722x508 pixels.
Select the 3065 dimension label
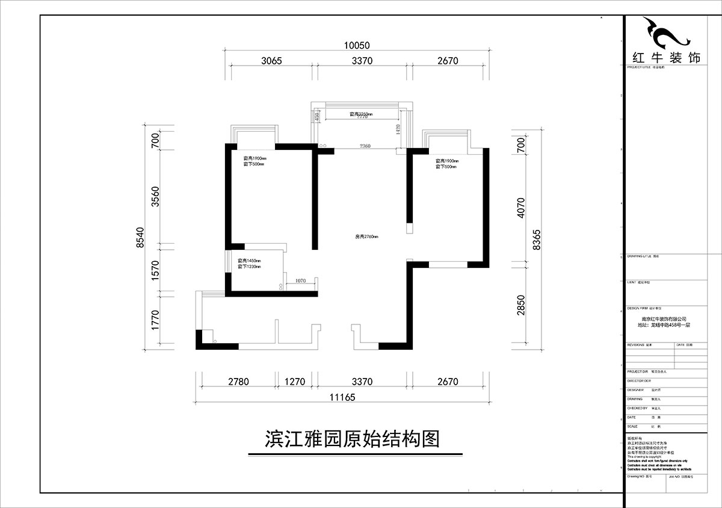tap(272, 61)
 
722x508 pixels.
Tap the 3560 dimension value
tap(155, 197)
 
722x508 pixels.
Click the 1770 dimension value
tap(155, 320)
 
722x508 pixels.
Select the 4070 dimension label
tap(521, 208)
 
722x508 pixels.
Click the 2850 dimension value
tap(521, 305)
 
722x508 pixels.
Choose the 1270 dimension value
tap(295, 382)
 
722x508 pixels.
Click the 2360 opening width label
tap(365, 146)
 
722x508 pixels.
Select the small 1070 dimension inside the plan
tap(301, 280)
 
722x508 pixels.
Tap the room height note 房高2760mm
tap(366, 237)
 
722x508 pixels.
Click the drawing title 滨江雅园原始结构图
tap(353, 438)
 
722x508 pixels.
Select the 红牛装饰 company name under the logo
tap(667, 58)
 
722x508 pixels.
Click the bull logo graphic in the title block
tap(665, 33)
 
